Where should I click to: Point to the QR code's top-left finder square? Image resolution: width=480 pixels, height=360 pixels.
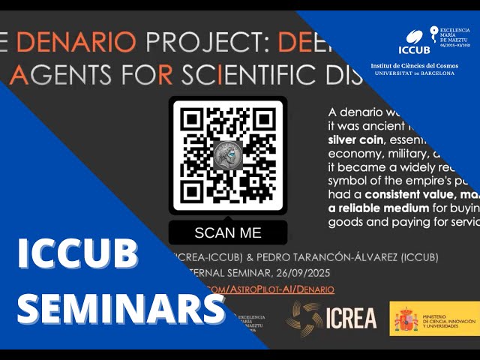pyautogui.click(x=191, y=120)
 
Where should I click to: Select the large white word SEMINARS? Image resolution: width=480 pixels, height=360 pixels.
pyautogui.click(x=120, y=309)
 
